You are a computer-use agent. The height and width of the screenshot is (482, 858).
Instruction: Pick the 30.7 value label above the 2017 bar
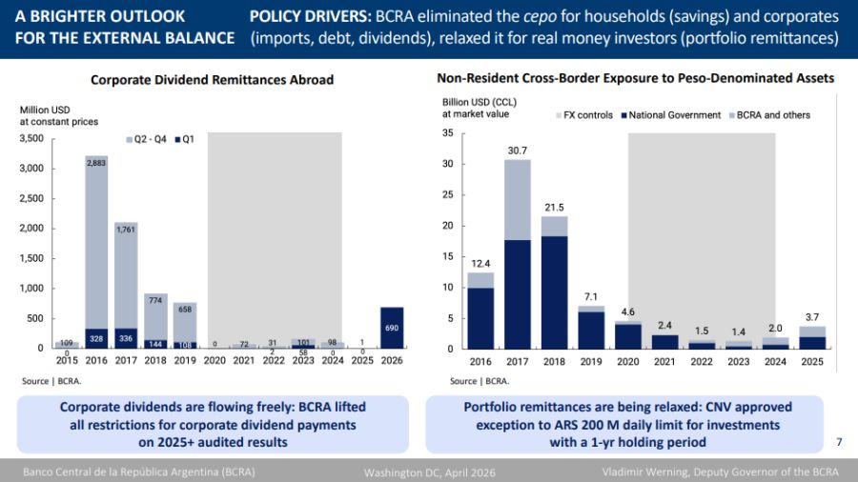click(x=518, y=151)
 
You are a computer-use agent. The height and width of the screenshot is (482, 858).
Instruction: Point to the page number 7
click(x=839, y=442)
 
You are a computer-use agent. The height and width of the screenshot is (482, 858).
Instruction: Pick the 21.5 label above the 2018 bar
click(x=554, y=208)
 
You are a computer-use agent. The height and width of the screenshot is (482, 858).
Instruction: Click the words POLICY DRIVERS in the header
click(x=309, y=17)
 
